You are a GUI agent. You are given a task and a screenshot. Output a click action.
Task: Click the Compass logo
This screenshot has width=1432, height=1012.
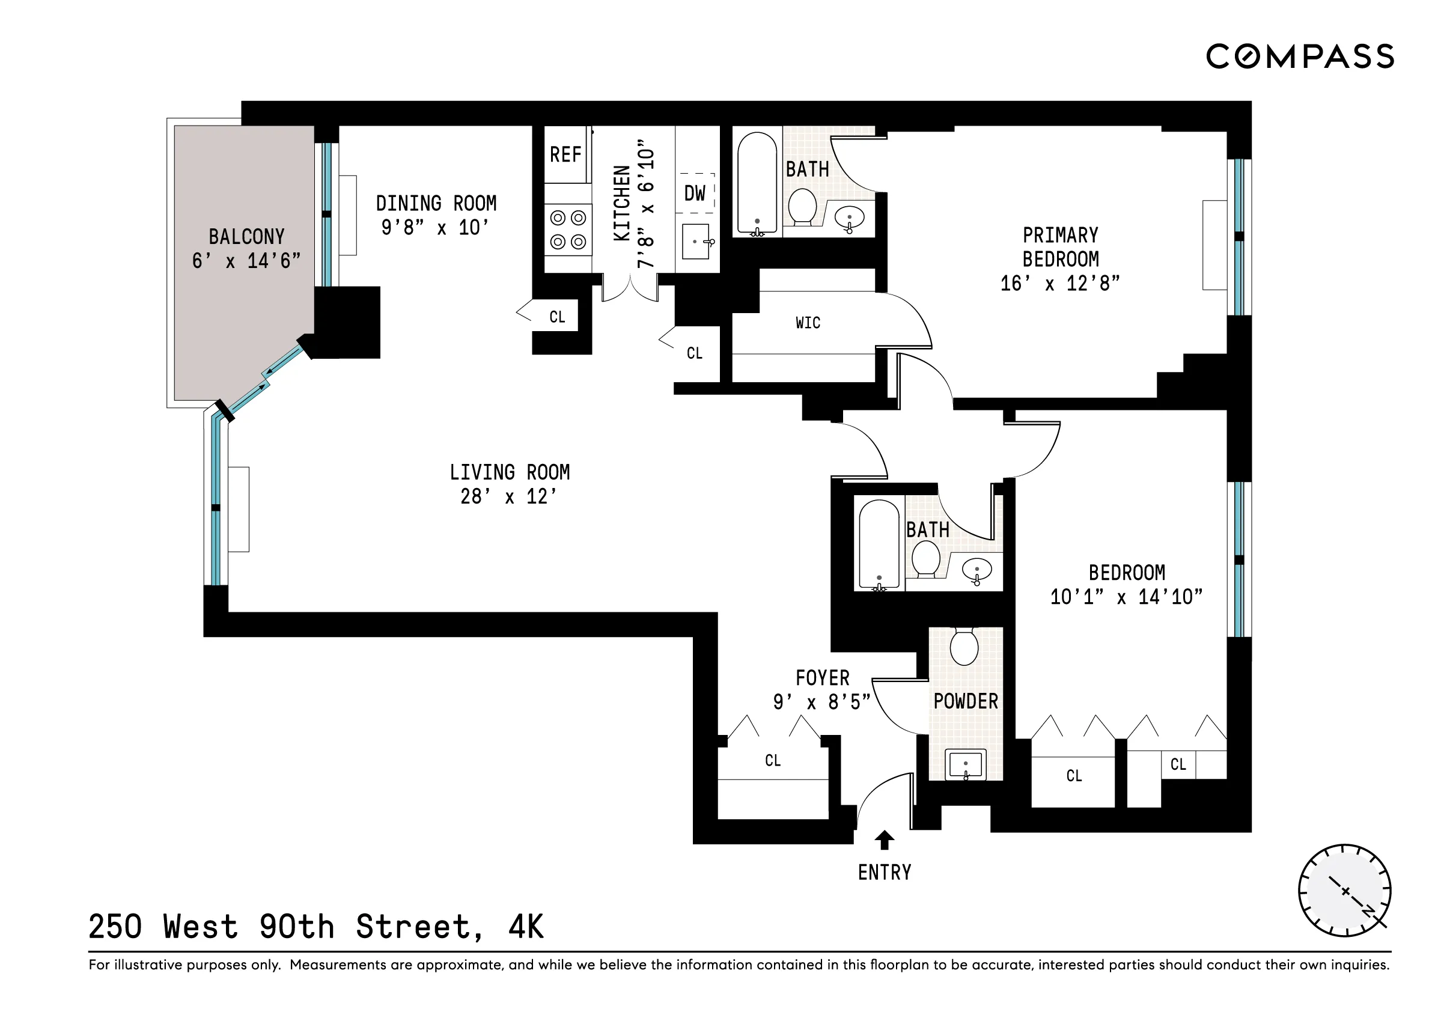(1300, 56)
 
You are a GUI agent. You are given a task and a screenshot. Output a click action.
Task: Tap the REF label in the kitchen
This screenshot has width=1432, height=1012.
(565, 154)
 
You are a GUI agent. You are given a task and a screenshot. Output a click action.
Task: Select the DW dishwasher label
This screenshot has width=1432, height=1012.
(694, 194)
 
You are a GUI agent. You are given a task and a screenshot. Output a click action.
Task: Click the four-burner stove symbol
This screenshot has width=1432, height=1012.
(567, 230)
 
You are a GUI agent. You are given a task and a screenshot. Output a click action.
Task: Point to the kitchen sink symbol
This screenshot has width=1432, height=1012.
(696, 242)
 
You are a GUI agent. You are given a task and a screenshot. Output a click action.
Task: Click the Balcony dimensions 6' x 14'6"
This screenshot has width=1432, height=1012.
(246, 261)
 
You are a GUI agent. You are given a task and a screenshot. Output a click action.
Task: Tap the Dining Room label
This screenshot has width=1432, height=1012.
(436, 203)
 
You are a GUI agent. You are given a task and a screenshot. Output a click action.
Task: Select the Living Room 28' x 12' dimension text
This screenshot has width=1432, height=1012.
(508, 496)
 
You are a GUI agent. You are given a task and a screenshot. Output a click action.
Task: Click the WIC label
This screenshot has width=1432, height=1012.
(808, 322)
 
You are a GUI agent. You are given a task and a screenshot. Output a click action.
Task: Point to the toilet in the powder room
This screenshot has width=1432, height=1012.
(964, 647)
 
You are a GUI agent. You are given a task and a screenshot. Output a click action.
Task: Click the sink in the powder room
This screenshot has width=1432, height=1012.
(966, 764)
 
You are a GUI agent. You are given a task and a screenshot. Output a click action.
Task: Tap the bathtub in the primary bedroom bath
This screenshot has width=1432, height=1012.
(757, 183)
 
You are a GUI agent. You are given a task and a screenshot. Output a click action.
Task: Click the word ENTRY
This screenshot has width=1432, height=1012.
(885, 873)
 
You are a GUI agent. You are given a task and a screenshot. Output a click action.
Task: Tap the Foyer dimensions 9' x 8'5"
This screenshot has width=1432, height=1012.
(821, 702)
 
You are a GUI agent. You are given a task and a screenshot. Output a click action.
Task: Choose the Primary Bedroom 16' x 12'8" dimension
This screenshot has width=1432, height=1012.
(1059, 284)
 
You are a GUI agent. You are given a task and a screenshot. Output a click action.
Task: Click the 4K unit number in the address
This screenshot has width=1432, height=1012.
(526, 927)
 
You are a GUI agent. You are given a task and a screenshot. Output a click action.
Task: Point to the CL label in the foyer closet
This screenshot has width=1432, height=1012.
(773, 760)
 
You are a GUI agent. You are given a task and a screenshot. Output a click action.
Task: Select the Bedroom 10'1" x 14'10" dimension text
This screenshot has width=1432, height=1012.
(1126, 597)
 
